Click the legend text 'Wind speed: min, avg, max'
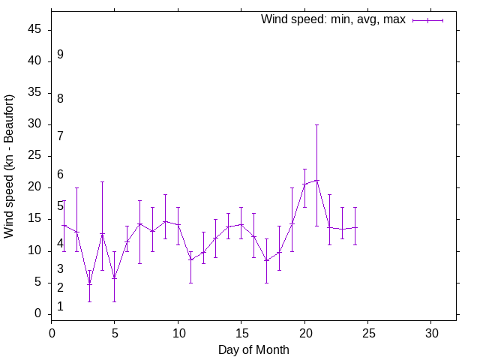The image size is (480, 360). pyautogui.click(x=332, y=19)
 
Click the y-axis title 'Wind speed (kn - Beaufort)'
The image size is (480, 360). pyautogui.click(x=10, y=166)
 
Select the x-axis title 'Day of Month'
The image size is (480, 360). pyautogui.click(x=253, y=349)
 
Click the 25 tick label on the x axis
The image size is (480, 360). pyautogui.click(x=367, y=332)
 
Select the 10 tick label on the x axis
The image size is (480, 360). pyautogui.click(x=178, y=332)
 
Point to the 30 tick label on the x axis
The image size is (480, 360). pyautogui.click(x=431, y=332)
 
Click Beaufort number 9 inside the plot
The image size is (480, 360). pyautogui.click(x=60, y=55)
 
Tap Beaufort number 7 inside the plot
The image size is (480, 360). pyautogui.click(x=60, y=136)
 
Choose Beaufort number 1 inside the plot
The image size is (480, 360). pyautogui.click(x=60, y=307)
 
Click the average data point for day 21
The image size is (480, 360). pyautogui.click(x=317, y=180)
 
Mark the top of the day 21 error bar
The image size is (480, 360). pyautogui.click(x=317, y=124)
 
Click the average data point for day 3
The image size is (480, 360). pyautogui.click(x=89, y=283)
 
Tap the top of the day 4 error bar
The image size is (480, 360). pyautogui.click(x=102, y=181)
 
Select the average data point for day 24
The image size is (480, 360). pyautogui.click(x=355, y=227)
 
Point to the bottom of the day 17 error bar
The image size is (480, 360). pyautogui.click(x=266, y=283)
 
